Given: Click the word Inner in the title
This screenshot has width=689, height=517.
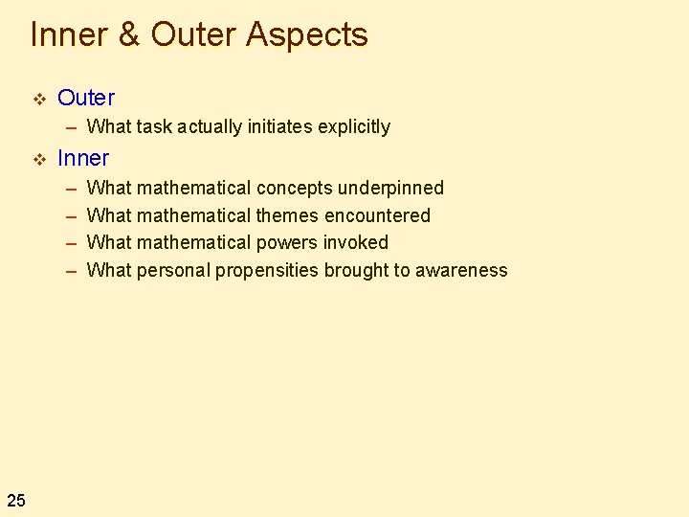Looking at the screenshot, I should click(x=69, y=34).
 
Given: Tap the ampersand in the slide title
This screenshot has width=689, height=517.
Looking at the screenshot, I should click(x=129, y=35).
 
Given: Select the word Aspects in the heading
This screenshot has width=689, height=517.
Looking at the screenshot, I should click(x=306, y=35).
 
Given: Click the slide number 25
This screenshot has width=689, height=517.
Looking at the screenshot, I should click(x=16, y=499).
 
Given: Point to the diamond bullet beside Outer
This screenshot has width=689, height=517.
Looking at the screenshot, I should click(x=38, y=98).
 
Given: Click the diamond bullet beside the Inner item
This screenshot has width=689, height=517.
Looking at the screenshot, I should click(x=38, y=158).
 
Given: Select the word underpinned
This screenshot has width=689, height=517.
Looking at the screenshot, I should click(x=390, y=188).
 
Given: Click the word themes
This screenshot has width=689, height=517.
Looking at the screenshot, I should click(x=287, y=215).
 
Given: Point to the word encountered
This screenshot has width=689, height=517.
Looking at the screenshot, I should click(x=377, y=215).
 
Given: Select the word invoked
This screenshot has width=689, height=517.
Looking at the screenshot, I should click(x=357, y=242).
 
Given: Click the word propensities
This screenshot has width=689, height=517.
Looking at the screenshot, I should click(x=266, y=270).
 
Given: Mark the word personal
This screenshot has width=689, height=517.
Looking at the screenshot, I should click(x=173, y=270).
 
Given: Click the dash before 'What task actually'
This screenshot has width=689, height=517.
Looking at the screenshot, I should click(x=71, y=126).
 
